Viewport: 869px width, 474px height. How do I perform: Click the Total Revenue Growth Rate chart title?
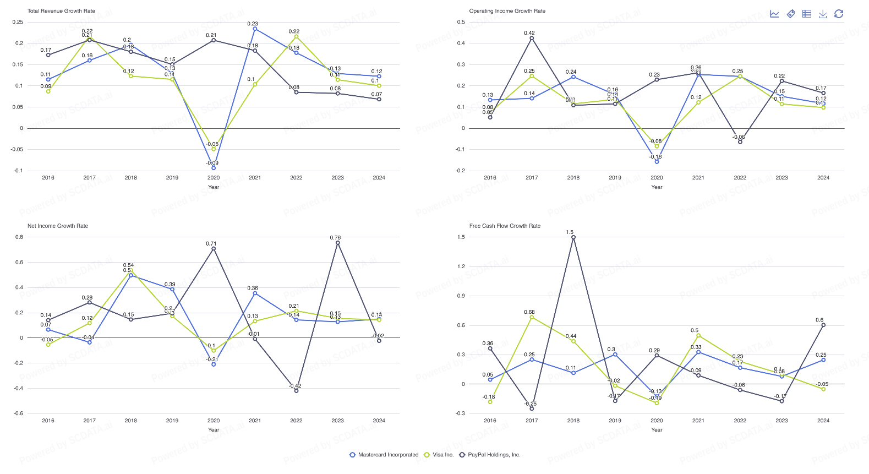[61, 11]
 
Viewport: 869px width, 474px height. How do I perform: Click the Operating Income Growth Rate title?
[507, 11]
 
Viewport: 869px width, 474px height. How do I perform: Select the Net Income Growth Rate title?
[58, 226]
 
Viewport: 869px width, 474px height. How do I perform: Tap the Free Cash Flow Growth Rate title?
[505, 226]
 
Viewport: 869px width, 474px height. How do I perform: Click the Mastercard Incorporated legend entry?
[384, 455]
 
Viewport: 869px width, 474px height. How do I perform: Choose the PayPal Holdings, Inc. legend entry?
[490, 455]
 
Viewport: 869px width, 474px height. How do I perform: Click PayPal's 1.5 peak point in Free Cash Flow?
[573, 237]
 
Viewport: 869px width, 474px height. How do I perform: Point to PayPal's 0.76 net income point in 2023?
[337, 242]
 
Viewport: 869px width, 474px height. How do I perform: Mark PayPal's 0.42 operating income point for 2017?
[532, 38]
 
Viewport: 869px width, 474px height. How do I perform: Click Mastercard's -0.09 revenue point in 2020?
[214, 167]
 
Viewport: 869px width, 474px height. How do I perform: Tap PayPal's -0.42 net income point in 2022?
[296, 391]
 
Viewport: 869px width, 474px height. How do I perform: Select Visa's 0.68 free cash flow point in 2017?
[532, 317]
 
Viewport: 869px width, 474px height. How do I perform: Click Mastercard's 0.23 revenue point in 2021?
[255, 29]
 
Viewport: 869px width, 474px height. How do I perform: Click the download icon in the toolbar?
[823, 14]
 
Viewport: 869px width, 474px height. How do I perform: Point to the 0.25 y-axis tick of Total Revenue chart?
[18, 22]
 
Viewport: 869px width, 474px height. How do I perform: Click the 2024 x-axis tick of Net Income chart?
[379, 421]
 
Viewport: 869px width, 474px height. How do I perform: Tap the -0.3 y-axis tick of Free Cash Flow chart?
[460, 413]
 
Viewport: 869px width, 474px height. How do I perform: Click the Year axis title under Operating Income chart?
[657, 187]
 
